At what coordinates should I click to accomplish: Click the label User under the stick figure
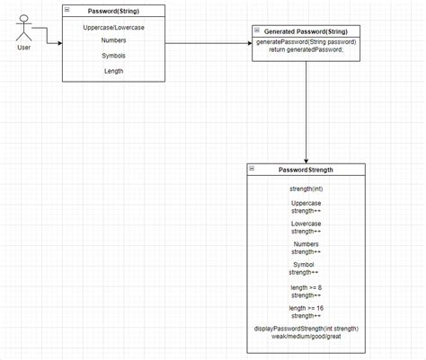point(24,48)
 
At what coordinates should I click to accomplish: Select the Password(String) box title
point(114,11)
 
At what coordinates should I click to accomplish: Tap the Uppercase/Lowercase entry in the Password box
point(113,28)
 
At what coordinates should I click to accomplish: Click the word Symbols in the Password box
point(113,56)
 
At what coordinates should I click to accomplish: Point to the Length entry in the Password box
point(113,70)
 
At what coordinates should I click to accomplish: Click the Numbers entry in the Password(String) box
point(113,41)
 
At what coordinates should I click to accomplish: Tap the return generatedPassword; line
point(306,51)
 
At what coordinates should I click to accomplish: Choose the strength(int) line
point(306,189)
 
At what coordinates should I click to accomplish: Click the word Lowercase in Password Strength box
point(306,224)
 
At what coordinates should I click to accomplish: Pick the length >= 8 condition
point(306,286)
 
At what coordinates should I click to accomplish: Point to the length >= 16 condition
point(306,308)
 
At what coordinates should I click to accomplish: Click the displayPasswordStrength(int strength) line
point(306,328)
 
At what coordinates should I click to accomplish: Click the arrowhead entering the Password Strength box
point(306,160)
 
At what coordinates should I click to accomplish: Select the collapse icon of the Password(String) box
point(67,10)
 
